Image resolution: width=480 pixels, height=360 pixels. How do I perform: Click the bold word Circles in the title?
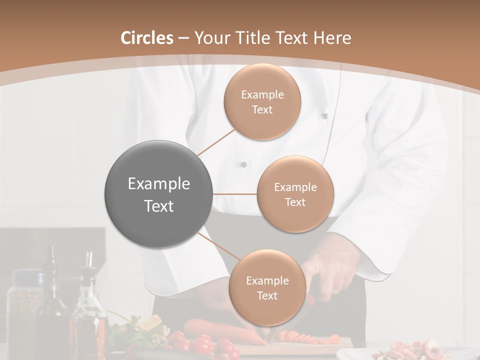pos(147,38)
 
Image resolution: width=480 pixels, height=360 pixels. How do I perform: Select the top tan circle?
pos(262,101)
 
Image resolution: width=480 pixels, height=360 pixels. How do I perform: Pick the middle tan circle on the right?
pos(295,194)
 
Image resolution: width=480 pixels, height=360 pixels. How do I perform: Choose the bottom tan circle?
pos(267,287)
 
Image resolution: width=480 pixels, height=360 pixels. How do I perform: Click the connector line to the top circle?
pos(215,143)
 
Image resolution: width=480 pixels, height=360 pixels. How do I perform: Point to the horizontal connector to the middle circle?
pos(235,194)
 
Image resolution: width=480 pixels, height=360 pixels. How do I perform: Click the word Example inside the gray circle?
pos(159,184)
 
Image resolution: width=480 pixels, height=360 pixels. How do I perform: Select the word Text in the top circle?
pos(262,109)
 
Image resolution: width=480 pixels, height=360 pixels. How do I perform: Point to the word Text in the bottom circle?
pos(267,295)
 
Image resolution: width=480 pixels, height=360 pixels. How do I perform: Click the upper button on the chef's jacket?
pos(324,116)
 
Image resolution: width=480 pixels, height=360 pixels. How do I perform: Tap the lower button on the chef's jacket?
pos(244,164)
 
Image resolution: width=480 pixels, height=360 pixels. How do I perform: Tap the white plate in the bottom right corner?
pos(405,352)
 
